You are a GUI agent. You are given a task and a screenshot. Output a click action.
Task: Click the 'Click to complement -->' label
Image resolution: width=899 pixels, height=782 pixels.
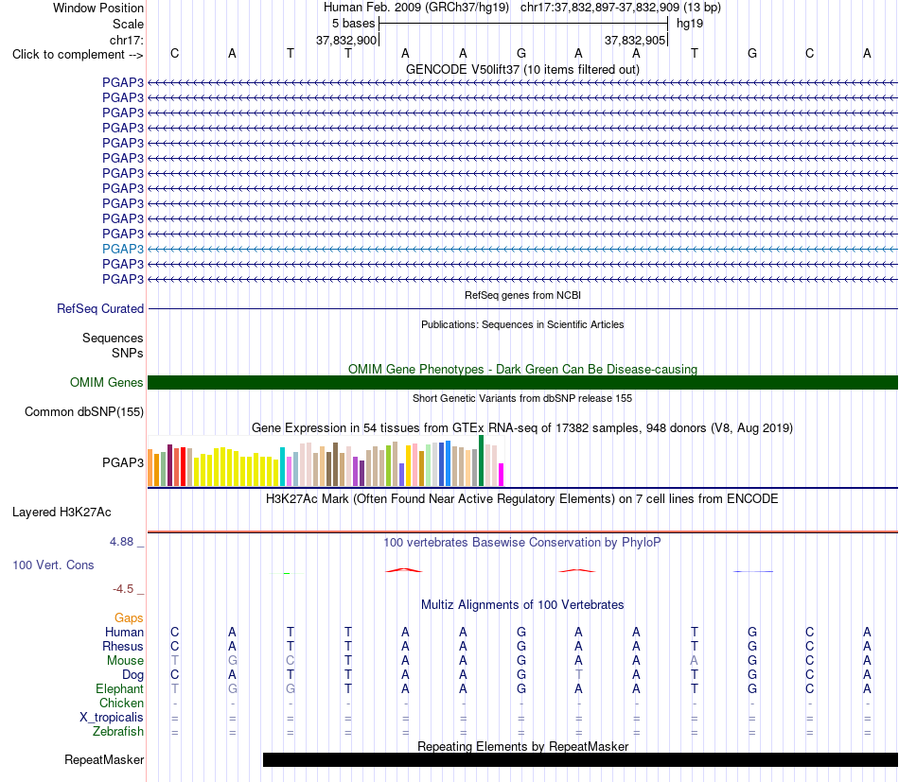coord(78,55)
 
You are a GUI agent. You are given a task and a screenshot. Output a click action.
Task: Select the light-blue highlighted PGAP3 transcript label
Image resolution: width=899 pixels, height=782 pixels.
coord(123,249)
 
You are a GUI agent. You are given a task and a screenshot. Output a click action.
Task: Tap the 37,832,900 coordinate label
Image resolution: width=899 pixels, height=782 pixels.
coord(346,40)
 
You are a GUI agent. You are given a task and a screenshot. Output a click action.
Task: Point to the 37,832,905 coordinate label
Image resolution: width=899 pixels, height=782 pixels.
coord(635,40)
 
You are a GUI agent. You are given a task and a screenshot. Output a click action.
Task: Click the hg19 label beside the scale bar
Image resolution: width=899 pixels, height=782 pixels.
coord(690,24)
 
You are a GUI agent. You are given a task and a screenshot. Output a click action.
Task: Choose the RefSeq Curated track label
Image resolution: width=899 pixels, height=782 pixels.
coord(100,309)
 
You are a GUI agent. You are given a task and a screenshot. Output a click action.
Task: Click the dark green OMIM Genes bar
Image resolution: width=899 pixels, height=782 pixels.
coord(522,382)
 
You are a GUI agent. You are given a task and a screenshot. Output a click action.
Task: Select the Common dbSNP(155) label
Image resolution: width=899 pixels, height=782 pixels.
coord(84,412)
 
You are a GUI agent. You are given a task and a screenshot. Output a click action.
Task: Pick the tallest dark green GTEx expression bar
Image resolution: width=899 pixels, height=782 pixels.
coord(481,461)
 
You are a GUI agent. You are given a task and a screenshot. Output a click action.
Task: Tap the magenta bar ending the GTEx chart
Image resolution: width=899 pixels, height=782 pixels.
coord(501,475)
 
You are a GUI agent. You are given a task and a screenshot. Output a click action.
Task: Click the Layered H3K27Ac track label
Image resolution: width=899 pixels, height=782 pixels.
coord(62,513)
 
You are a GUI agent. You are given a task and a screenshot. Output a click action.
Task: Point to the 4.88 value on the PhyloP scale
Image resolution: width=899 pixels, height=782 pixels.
coord(121,542)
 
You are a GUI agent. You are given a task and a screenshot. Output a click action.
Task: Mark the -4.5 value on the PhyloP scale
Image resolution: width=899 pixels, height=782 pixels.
coord(123,589)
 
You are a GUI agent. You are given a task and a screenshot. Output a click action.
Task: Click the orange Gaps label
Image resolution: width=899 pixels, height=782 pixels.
coord(129,617)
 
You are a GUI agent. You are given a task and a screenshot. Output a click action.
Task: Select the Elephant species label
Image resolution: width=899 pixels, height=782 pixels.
coord(119,688)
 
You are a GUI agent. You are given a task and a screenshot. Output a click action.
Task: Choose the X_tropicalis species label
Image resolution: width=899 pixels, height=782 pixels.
coord(112,718)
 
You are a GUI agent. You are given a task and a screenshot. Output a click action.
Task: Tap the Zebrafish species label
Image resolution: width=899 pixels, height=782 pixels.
coord(118,732)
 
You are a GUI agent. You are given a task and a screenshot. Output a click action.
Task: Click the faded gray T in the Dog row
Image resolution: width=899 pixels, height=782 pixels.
coord(578,674)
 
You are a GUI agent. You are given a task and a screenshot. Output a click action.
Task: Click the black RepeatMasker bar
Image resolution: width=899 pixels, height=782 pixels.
coord(580,759)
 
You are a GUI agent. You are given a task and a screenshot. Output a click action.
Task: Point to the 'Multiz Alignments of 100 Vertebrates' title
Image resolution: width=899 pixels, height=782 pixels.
coord(522,604)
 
